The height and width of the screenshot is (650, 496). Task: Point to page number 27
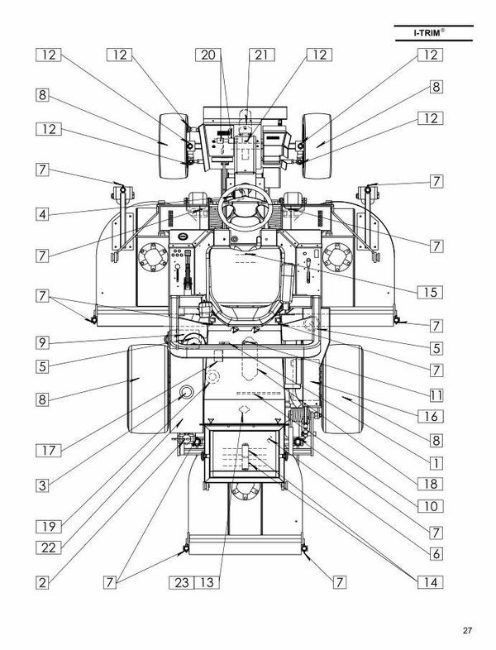pos(467,631)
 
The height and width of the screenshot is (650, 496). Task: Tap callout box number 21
pos(261,55)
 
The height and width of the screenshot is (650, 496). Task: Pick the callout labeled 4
pos(48,213)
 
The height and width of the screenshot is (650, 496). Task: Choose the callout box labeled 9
pos(48,342)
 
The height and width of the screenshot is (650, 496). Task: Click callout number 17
pos(48,451)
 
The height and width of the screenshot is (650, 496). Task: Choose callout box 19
pos(48,525)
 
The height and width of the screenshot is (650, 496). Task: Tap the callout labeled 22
pos(48,547)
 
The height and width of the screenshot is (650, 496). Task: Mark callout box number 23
pos(183,582)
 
